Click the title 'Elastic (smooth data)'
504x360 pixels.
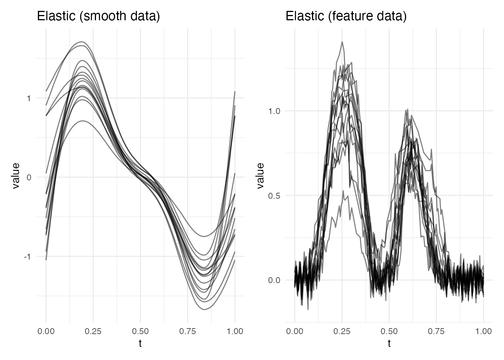click(x=99, y=16)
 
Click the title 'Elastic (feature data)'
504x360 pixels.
click(x=346, y=16)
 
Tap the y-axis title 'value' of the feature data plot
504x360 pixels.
click(x=260, y=176)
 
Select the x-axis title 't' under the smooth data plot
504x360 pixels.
click(x=140, y=343)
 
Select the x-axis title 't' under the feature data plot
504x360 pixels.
click(x=389, y=343)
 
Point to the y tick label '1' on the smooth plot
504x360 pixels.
click(x=28, y=98)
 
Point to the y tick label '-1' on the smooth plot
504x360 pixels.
click(x=27, y=257)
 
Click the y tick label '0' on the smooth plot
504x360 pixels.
click(x=28, y=177)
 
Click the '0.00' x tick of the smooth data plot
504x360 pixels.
click(x=46, y=331)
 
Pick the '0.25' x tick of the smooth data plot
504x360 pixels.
click(x=93, y=331)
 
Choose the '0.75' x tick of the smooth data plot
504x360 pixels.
click(x=187, y=331)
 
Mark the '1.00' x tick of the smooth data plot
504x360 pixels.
click(x=235, y=331)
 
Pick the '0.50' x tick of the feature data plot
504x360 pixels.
click(x=389, y=331)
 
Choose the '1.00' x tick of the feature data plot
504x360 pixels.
click(x=483, y=331)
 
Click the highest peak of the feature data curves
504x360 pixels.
click(x=342, y=42)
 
